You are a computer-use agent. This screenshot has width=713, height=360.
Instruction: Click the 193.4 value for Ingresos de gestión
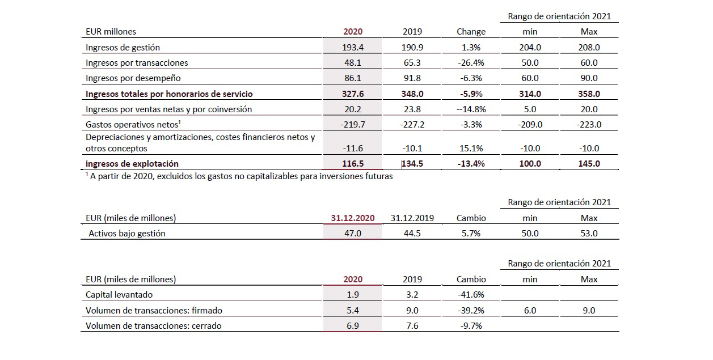pos(353,48)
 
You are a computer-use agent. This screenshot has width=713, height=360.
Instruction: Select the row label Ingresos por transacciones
pos(137,63)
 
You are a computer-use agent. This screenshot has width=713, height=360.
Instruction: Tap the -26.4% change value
pos(471,63)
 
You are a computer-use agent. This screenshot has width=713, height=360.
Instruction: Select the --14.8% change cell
pos(470,109)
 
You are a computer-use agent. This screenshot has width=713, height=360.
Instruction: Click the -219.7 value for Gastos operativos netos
pos(353,125)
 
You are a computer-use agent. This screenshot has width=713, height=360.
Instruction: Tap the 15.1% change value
pos(471,149)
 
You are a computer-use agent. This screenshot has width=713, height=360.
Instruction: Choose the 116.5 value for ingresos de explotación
pos(353,164)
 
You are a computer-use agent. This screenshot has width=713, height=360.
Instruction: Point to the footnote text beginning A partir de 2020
pos(238,176)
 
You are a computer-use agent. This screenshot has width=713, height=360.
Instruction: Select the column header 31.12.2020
pos(353,218)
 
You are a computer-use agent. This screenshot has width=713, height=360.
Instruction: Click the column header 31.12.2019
pos(412,218)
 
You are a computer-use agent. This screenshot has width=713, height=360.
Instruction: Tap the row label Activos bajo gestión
pos(127,233)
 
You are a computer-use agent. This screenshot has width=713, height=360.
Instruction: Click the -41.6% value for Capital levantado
pos(471,295)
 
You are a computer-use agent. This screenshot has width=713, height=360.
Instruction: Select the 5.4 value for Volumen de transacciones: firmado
pos(353,310)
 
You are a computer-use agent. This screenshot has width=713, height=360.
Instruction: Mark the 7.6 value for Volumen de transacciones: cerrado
pos(412,326)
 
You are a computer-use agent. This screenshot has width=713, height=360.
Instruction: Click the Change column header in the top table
pos(471,32)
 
